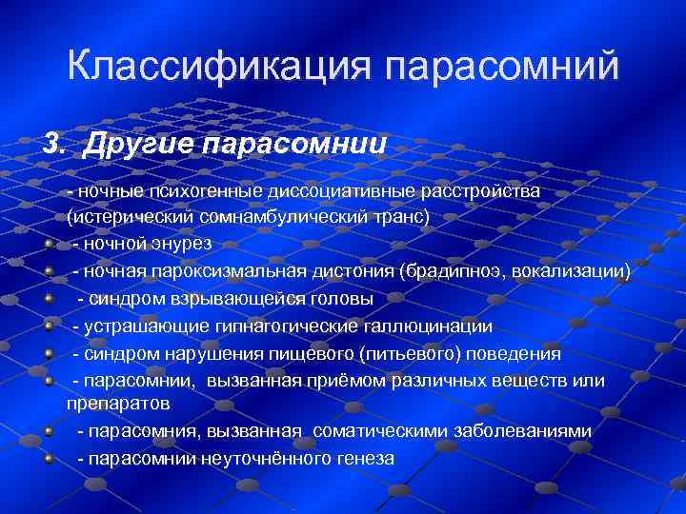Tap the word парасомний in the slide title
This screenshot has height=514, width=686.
[503, 66]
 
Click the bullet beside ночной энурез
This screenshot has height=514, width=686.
[48, 244]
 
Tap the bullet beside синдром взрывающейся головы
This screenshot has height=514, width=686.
[48, 299]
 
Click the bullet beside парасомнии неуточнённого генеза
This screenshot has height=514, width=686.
[48, 459]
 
